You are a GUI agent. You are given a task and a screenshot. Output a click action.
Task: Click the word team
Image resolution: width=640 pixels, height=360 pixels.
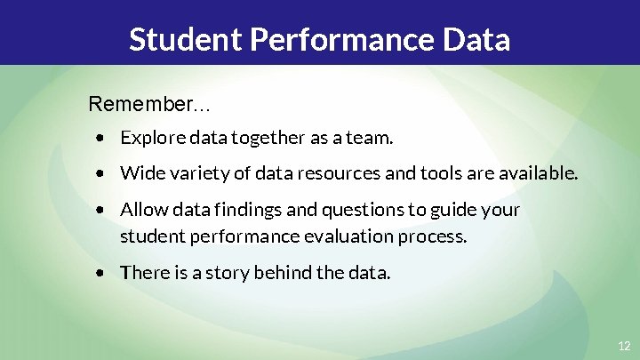click(x=372, y=139)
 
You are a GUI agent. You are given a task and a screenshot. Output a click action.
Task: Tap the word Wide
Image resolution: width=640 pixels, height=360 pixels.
click(x=139, y=172)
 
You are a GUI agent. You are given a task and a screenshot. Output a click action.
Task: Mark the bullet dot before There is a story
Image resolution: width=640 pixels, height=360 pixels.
click(x=104, y=273)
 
